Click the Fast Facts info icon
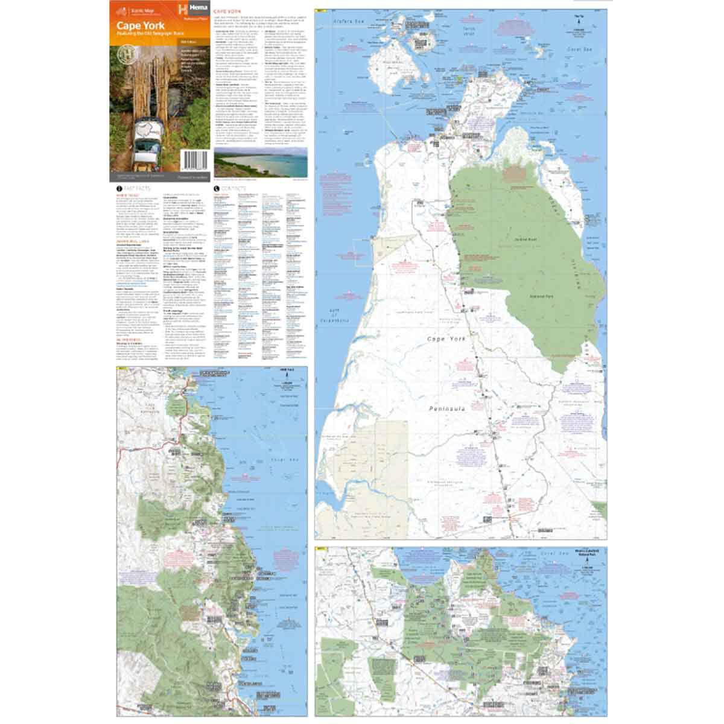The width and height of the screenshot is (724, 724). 118,189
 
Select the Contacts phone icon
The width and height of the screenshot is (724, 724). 217,189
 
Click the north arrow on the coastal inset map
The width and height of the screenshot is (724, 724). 284,377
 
